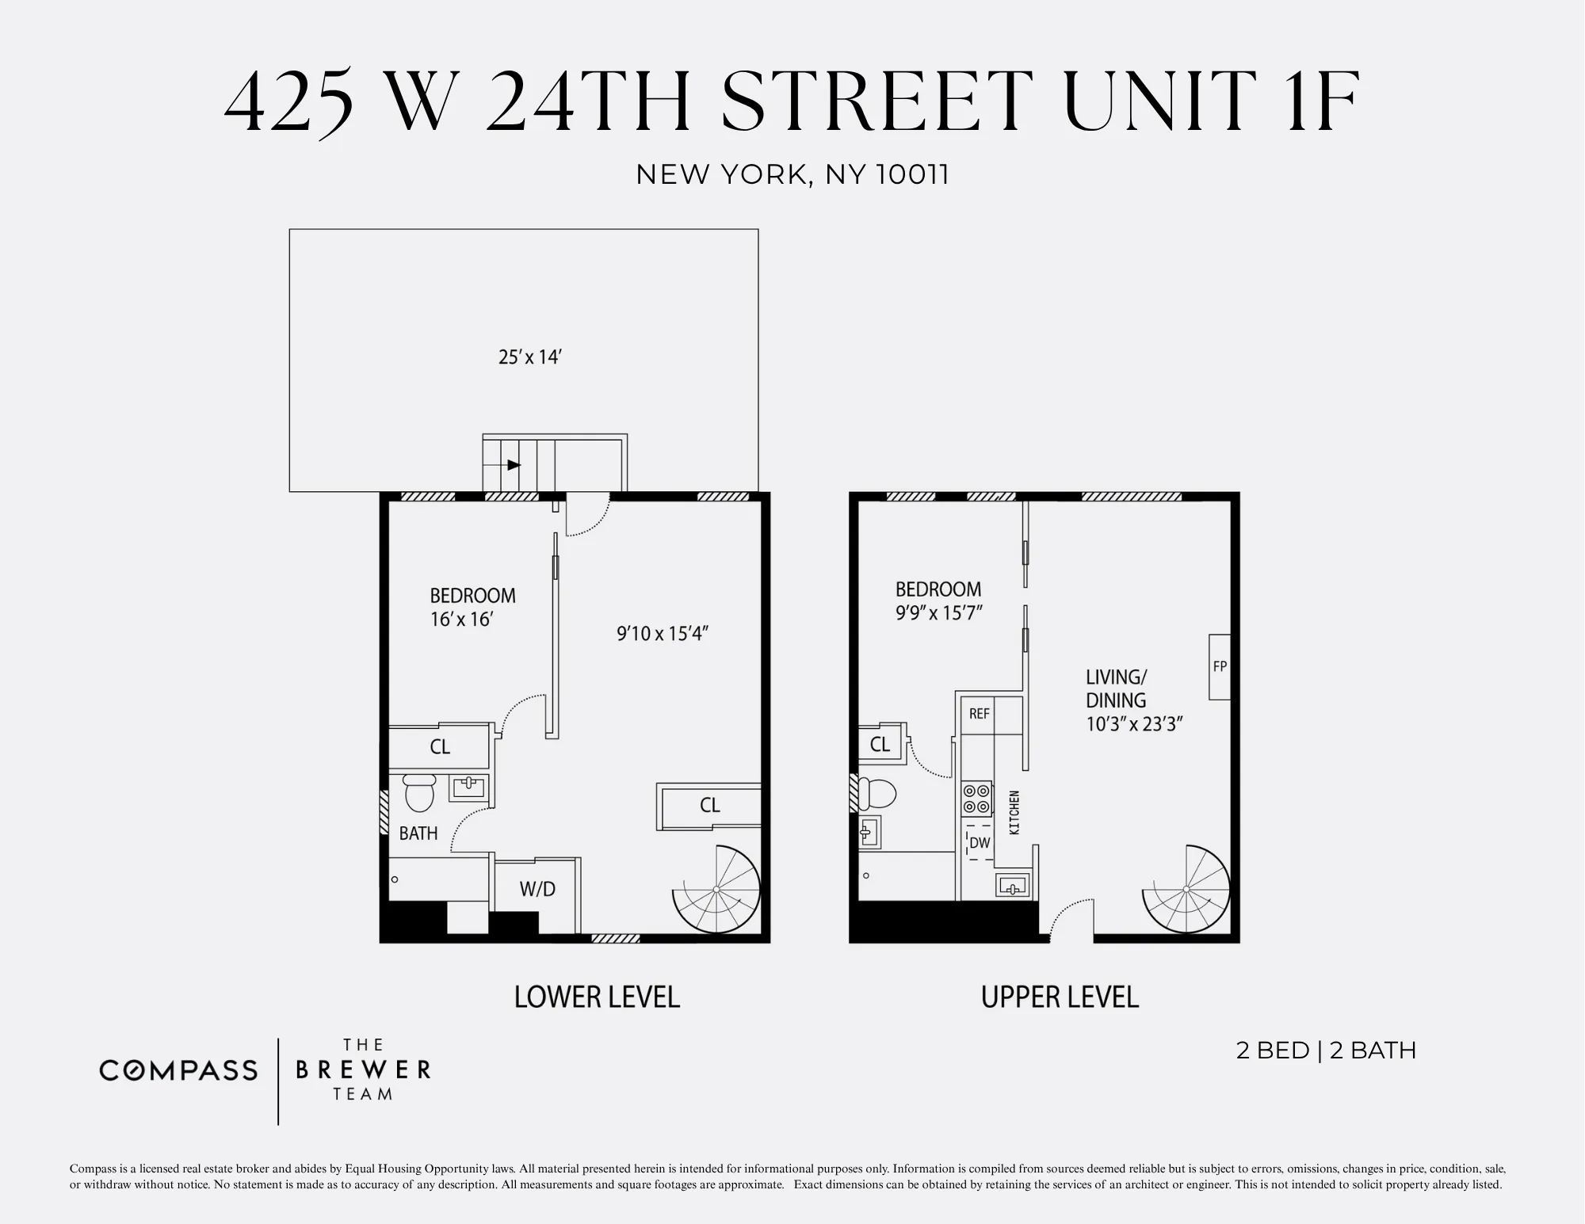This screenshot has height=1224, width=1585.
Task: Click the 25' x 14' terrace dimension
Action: [x=529, y=357]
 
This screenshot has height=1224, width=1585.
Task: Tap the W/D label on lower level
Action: [x=537, y=889]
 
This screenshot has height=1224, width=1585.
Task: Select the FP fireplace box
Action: [x=1219, y=666]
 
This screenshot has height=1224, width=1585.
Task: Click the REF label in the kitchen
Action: [x=980, y=714]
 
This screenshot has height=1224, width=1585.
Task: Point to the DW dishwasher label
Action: [x=980, y=843]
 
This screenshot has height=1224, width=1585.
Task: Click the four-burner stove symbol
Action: [x=976, y=799]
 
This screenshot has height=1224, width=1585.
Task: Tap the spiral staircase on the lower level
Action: [x=716, y=889]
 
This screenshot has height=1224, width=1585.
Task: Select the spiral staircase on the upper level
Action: [x=1186, y=889]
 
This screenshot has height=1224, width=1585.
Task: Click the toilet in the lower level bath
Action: [x=419, y=793]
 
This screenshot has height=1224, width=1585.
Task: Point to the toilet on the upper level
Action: [x=878, y=792]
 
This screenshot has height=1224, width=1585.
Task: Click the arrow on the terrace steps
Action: [x=514, y=465]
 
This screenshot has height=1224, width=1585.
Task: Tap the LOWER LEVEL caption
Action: [x=597, y=997]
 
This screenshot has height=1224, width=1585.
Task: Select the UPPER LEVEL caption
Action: [x=1060, y=997]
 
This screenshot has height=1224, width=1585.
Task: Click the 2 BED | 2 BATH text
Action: [x=1326, y=1051]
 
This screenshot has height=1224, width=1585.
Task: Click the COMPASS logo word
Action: [x=178, y=1071]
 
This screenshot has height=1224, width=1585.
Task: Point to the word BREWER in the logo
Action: [x=363, y=1070]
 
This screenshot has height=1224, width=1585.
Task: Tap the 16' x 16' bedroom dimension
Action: [x=461, y=619]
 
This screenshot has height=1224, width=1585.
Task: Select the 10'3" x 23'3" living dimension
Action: [x=1134, y=724]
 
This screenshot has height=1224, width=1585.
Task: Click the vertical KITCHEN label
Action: [x=1014, y=812]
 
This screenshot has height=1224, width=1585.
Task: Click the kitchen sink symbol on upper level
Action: [x=1012, y=885]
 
